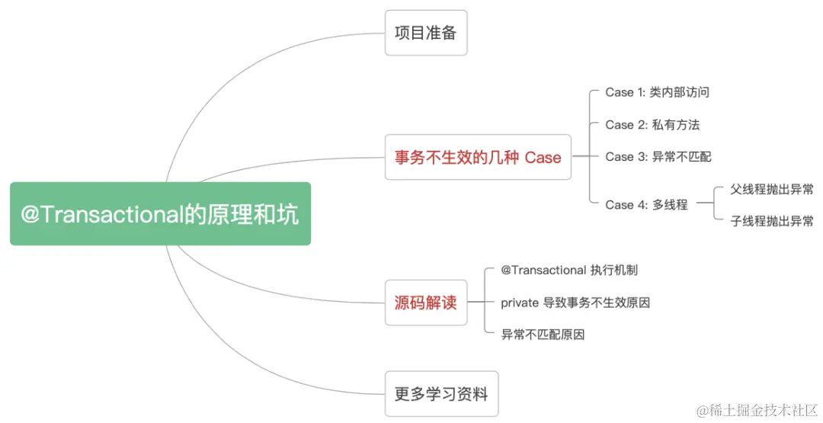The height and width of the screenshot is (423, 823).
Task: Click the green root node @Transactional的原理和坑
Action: tap(160, 214)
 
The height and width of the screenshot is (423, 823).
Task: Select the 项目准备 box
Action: tap(425, 33)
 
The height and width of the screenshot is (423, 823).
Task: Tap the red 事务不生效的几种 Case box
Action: tap(478, 158)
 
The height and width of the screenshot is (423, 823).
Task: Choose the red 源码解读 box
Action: tap(425, 303)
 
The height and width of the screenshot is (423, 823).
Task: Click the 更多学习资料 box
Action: tap(441, 394)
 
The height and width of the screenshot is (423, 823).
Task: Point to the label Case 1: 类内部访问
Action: tap(658, 92)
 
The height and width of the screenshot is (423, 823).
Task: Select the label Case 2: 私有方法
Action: tap(652, 124)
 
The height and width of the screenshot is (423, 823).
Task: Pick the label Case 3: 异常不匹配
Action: tap(658, 156)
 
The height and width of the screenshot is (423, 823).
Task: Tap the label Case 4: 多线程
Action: tap(646, 204)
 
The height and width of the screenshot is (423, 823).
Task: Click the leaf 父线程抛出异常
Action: tap(771, 189)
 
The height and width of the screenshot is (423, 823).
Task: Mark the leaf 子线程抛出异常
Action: tap(771, 221)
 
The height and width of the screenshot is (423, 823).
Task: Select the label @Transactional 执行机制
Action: tap(569, 271)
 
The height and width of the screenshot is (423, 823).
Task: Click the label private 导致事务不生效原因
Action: tap(575, 303)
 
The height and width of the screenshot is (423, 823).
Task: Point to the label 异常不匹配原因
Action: tap(543, 335)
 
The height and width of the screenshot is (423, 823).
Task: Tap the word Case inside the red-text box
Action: tap(543, 158)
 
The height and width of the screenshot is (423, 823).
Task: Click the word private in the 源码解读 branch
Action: tap(519, 303)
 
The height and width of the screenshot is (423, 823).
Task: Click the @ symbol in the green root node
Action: tap(30, 215)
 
